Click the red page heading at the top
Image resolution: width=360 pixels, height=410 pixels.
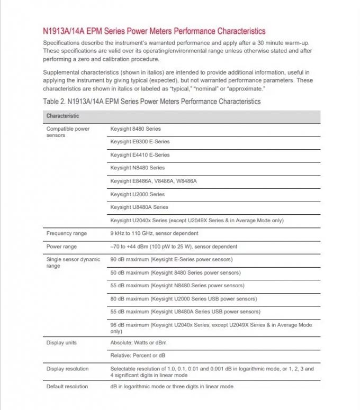point(154,31)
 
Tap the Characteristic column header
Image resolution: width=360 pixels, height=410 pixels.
point(62,116)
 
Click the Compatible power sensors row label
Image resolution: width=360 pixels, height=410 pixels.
point(68,132)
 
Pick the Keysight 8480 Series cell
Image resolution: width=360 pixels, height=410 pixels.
point(136,129)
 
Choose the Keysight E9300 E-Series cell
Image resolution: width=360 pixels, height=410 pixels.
point(140,142)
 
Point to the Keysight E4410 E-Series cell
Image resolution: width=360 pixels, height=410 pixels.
point(140,155)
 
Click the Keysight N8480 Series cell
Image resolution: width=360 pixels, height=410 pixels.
point(137,168)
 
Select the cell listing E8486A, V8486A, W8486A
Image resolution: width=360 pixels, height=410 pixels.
point(153,181)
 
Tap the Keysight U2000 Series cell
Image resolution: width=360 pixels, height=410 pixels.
point(137,194)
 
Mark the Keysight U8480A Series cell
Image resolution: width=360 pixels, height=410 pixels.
point(139,207)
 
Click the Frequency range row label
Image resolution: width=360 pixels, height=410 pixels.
point(67,233)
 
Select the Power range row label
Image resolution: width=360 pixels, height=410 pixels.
point(61,247)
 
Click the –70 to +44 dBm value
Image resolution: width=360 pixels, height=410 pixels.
point(174,247)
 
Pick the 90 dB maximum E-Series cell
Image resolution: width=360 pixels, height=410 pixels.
point(171,259)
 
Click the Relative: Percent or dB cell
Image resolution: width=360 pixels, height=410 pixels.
point(138,356)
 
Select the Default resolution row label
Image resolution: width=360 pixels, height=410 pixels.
point(67,387)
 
